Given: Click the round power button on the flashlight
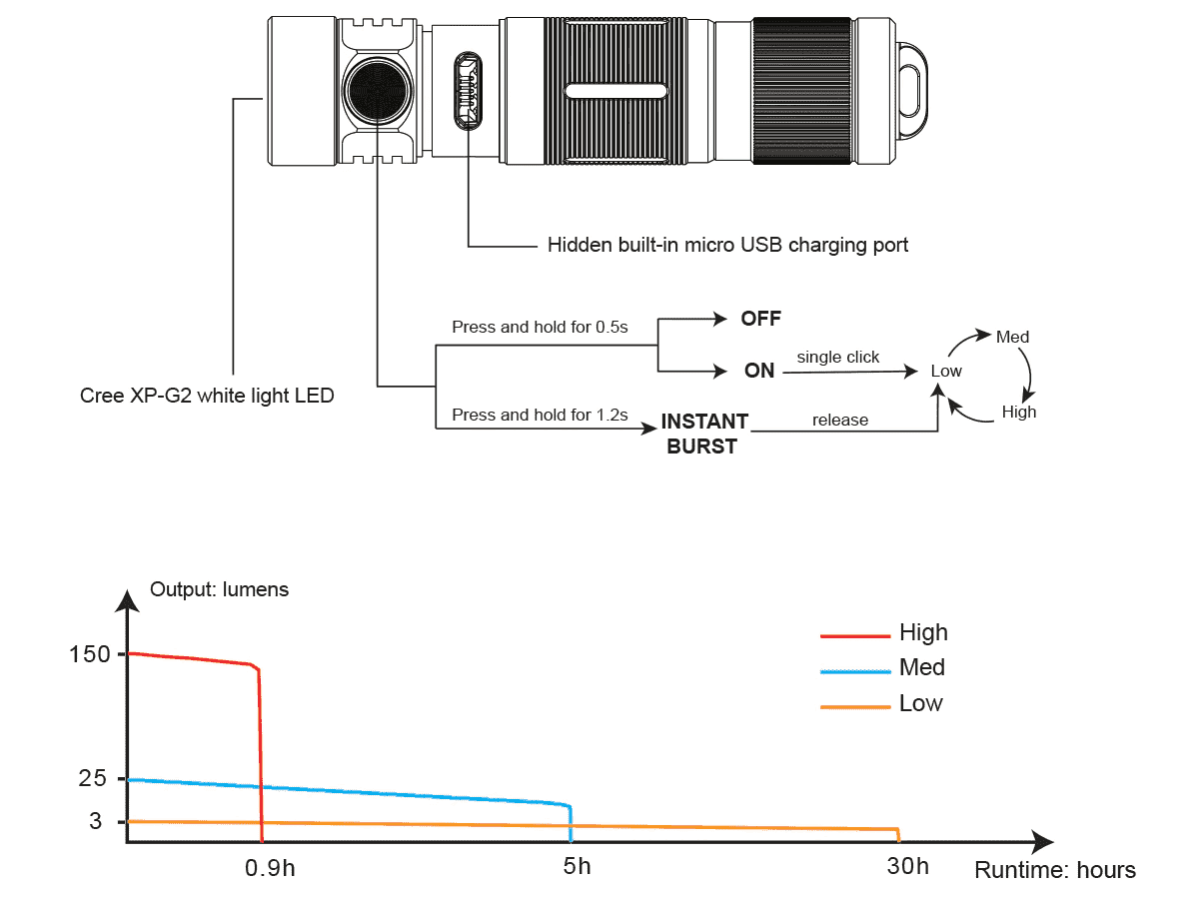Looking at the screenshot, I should (x=378, y=90).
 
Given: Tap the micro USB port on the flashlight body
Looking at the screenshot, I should (x=467, y=91).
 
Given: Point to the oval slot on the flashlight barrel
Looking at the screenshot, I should (x=615, y=91).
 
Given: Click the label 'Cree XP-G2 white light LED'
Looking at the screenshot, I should (x=207, y=396).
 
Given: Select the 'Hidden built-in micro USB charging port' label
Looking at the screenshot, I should (x=727, y=245).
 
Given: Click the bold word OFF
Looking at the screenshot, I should (x=760, y=320).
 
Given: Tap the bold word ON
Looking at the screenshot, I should (x=759, y=371).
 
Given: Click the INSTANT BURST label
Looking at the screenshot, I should (x=703, y=434).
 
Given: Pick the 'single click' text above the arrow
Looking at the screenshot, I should (x=837, y=357).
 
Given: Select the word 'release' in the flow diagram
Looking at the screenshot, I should (x=839, y=421).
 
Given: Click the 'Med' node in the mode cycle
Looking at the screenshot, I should (x=1012, y=337).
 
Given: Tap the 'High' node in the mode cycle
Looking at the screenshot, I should (x=1019, y=412).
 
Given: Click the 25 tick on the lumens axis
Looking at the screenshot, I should (x=92, y=778).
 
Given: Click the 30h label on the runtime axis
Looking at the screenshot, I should (x=907, y=866).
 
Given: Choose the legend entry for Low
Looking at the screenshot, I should (x=920, y=703).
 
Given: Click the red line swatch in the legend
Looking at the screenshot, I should (x=854, y=634).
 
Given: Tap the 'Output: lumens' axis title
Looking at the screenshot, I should (x=219, y=589).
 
